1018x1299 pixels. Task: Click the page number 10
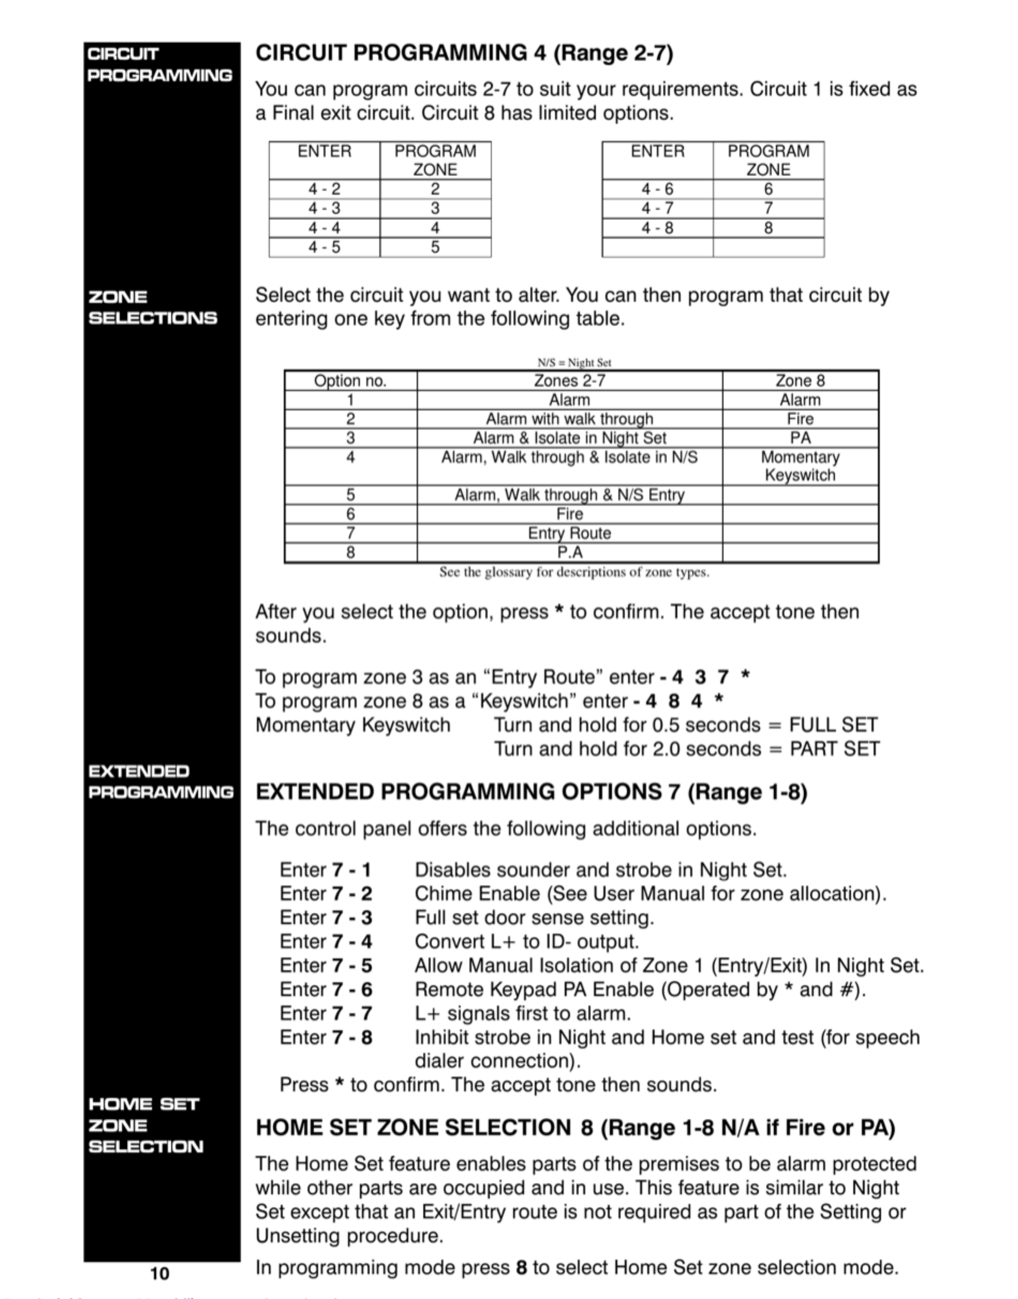pos(159,1274)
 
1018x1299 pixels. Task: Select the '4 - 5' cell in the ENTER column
pos(324,247)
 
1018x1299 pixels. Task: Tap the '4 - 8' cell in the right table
pos(657,228)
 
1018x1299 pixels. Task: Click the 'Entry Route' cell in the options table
pos(569,533)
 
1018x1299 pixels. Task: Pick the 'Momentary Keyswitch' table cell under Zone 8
pos(800,466)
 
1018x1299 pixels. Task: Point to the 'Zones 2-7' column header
pos(569,380)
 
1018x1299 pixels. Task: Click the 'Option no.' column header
pos(350,380)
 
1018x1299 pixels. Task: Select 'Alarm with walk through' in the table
pos(569,419)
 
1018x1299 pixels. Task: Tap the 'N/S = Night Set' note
pos(574,362)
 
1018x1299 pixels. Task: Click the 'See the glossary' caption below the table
pos(574,572)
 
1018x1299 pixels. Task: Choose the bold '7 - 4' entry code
pos(351,942)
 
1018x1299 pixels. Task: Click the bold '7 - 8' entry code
pos(351,1037)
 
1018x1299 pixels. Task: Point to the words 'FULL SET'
pos(833,725)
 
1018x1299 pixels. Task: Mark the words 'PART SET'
pos(834,749)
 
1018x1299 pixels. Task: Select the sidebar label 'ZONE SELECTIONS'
pos(153,307)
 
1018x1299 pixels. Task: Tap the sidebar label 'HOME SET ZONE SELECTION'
pos(146,1125)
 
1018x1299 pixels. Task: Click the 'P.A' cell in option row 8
pos(569,553)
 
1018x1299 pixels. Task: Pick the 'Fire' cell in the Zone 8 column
pos(800,419)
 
